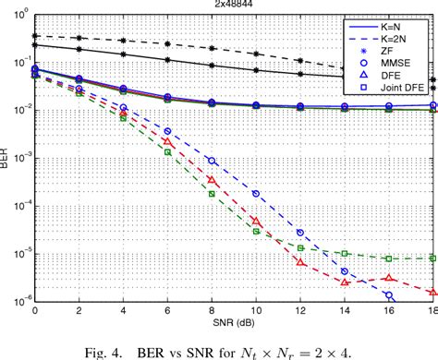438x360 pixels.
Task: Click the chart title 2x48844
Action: [235, 6]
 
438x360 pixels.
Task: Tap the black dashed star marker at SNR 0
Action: [35, 36]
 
